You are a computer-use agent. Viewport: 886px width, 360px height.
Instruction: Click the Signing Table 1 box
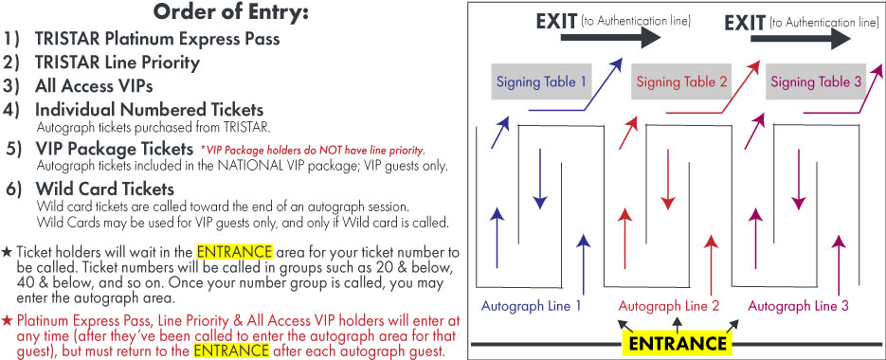click(541, 81)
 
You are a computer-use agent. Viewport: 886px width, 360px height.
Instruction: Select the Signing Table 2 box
click(681, 81)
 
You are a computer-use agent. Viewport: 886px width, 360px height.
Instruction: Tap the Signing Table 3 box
click(816, 81)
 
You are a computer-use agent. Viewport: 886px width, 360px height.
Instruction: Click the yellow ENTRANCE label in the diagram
click(678, 343)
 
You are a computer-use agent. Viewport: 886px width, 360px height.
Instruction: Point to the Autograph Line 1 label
click(532, 306)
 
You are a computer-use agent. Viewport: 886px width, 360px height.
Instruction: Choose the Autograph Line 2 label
click(668, 306)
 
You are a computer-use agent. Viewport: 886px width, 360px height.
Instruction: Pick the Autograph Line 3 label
click(799, 306)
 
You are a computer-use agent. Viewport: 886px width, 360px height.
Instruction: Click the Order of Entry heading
click(231, 11)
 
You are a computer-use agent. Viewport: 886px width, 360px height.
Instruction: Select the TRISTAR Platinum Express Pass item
click(157, 39)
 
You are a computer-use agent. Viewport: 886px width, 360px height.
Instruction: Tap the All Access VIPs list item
click(94, 86)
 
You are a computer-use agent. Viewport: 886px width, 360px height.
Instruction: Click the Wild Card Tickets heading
click(104, 189)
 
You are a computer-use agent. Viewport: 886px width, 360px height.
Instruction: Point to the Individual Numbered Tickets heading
click(149, 109)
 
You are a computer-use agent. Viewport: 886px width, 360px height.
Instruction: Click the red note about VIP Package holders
click(313, 151)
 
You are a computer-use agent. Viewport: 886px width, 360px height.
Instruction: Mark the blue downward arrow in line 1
click(540, 178)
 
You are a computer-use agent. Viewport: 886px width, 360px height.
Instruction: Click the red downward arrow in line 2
click(668, 178)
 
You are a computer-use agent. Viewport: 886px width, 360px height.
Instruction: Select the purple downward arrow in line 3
click(798, 178)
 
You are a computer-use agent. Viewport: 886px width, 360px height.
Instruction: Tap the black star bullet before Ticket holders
click(8, 252)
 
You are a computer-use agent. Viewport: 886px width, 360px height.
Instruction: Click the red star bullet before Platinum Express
click(8, 321)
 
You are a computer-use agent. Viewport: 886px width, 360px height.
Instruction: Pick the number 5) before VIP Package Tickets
click(16, 149)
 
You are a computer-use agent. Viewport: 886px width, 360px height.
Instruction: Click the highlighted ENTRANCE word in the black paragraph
click(234, 251)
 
